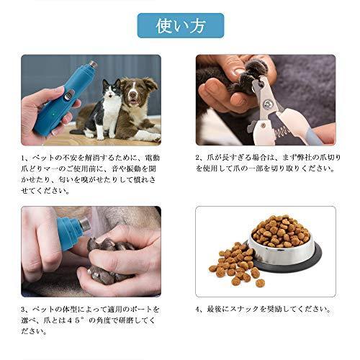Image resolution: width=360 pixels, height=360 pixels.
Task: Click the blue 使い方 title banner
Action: coord(180,26)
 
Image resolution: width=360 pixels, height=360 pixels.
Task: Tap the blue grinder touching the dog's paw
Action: coord(68,230)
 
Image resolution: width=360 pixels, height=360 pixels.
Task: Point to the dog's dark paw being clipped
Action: coord(241,72)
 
